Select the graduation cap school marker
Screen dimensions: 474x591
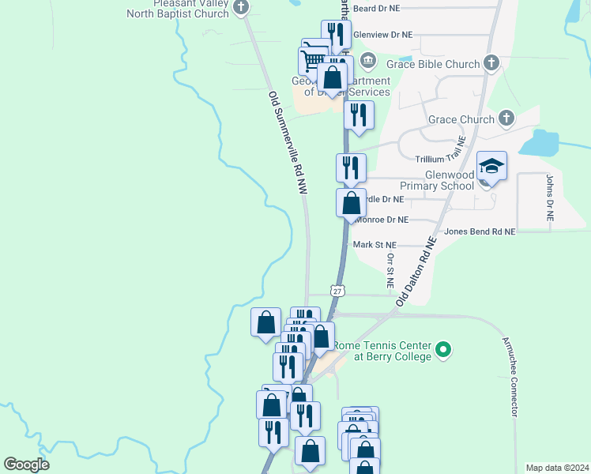click(x=491, y=166)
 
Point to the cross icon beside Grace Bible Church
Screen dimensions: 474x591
click(x=491, y=62)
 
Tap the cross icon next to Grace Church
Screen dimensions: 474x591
click(x=506, y=119)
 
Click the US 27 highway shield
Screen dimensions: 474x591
click(x=337, y=291)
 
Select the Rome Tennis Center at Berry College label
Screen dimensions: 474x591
click(x=382, y=351)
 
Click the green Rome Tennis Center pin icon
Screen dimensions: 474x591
click(x=443, y=348)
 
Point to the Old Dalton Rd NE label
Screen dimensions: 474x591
click(x=416, y=271)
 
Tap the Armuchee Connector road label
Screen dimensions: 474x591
click(x=509, y=377)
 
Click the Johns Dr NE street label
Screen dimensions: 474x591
click(x=549, y=197)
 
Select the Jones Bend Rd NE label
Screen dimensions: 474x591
click(x=480, y=231)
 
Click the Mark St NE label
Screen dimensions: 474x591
click(x=375, y=246)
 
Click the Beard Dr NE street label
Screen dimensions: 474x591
click(x=377, y=8)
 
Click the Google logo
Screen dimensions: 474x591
click(x=26, y=465)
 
